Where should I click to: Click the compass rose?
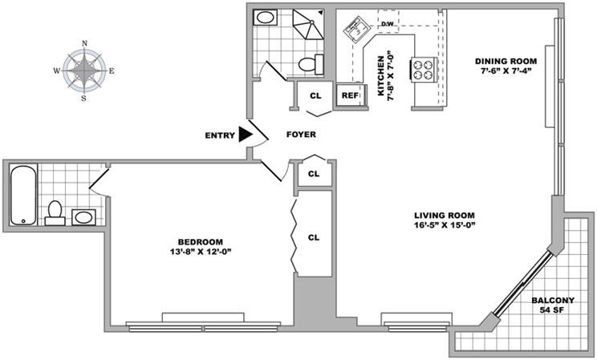pyautogui.click(x=84, y=71)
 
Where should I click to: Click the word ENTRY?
pyautogui.click(x=219, y=136)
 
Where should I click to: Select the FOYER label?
pyautogui.click(x=301, y=135)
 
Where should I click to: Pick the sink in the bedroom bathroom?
pyautogui.click(x=83, y=216)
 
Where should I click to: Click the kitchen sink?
pyautogui.click(x=355, y=31)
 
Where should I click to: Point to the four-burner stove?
pyautogui.click(x=423, y=70)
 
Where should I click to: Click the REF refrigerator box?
pyautogui.click(x=349, y=95)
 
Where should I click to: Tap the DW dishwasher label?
pyautogui.click(x=387, y=23)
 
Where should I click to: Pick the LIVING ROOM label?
pyautogui.click(x=445, y=215)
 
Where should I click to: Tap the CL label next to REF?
pyautogui.click(x=315, y=95)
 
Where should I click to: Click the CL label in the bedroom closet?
pyautogui.click(x=314, y=237)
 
